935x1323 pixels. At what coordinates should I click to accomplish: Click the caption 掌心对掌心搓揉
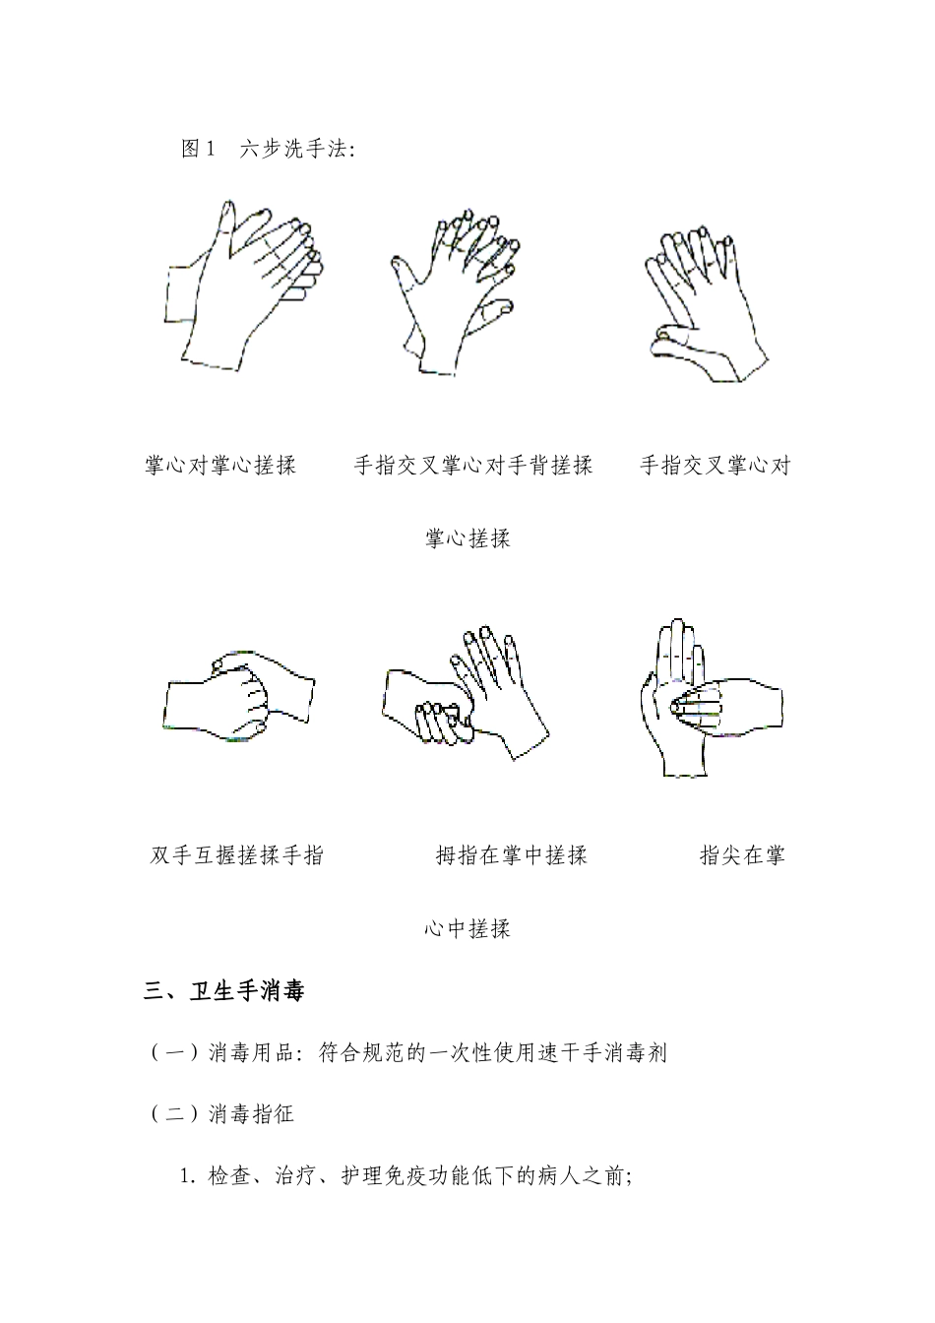click(x=220, y=466)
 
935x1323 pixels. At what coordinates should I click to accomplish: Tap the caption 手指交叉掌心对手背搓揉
click(x=473, y=466)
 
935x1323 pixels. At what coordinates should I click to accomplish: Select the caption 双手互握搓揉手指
click(x=236, y=854)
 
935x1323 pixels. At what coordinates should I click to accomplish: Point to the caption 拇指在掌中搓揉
click(x=511, y=854)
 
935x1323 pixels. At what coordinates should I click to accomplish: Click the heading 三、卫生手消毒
click(x=224, y=990)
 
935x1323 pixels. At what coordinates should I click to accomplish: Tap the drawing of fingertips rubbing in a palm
click(x=709, y=695)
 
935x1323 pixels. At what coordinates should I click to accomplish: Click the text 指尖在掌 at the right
click(x=742, y=854)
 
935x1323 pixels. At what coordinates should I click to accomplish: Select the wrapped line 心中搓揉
click(x=467, y=928)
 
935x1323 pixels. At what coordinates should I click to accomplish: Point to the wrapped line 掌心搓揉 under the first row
click(x=467, y=538)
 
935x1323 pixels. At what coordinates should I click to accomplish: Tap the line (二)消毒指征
click(x=222, y=1114)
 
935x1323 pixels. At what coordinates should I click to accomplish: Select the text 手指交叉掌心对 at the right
click(x=716, y=466)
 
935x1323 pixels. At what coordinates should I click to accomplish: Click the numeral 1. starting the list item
click(x=189, y=1176)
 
